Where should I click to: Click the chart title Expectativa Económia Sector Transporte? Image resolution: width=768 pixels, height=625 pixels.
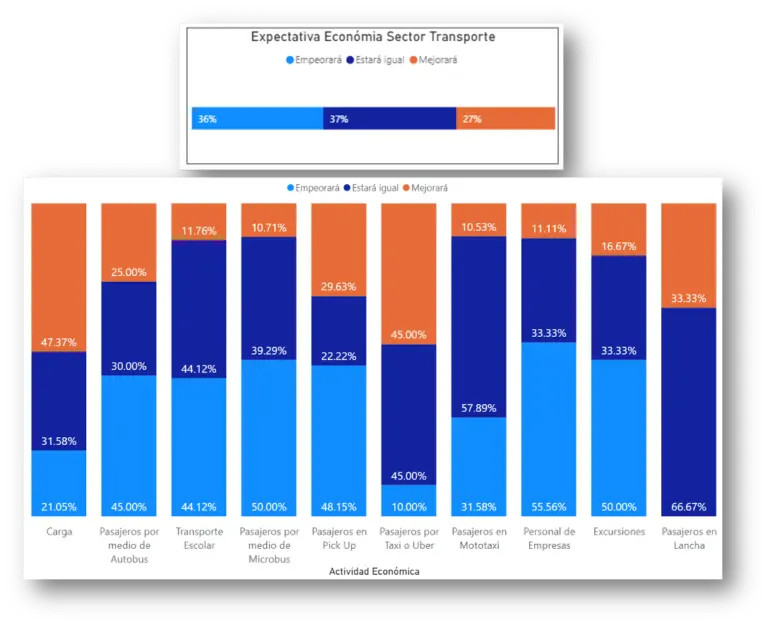point(372,37)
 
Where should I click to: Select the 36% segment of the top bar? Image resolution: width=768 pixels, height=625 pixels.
point(257,119)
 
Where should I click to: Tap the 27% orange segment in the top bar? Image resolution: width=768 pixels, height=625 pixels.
point(505,119)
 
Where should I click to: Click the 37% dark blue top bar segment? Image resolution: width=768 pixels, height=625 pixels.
point(389,119)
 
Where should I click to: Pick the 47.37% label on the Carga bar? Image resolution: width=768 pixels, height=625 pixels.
point(59,341)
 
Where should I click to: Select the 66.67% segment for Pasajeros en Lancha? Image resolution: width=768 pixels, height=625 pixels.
point(688,411)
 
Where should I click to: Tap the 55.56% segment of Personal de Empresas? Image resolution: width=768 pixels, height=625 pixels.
point(548,429)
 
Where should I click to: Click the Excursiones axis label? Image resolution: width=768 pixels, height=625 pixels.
point(618,532)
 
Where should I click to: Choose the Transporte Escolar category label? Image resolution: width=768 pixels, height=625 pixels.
point(198,538)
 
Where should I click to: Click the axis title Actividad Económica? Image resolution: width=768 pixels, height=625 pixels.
point(373,571)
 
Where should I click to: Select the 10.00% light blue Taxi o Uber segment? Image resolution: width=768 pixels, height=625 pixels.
point(408,501)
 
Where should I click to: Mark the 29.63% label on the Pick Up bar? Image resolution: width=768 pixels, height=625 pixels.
point(338,286)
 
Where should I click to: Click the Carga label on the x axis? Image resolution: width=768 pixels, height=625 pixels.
point(59,532)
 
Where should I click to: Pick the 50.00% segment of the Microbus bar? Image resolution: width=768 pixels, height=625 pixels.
point(268,437)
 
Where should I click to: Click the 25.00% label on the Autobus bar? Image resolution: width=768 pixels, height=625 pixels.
point(128,272)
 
